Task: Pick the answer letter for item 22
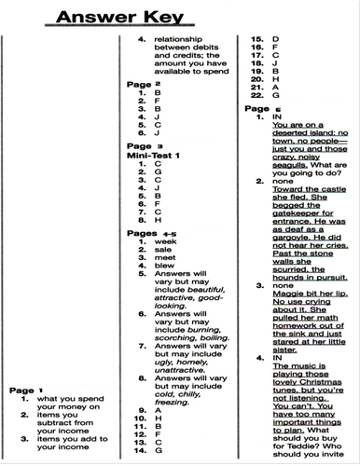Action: pos(275,96)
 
